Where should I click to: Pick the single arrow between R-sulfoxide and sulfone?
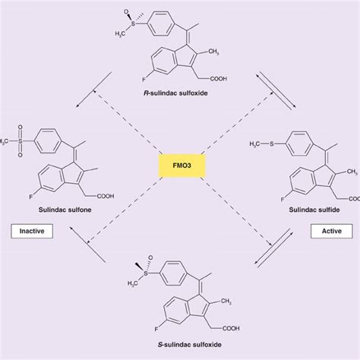pyautogui.click(x=102, y=82)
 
